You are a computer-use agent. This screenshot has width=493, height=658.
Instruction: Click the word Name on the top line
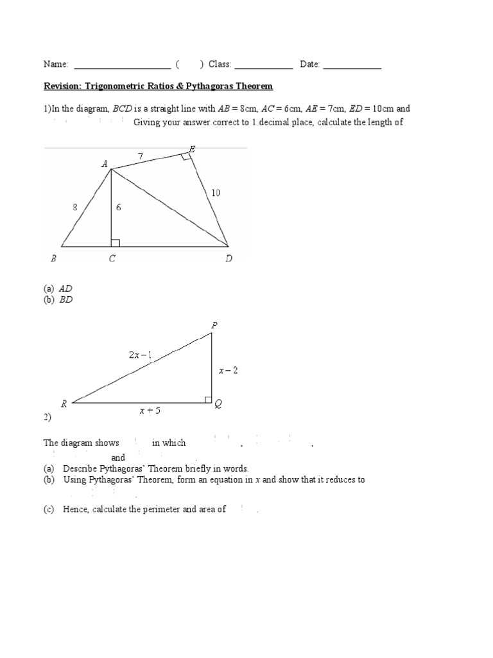tap(55, 64)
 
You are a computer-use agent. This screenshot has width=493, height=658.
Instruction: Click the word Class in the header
tap(218, 64)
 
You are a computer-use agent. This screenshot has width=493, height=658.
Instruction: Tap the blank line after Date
tap(352, 66)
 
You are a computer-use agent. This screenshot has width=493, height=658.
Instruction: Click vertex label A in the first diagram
tap(104, 164)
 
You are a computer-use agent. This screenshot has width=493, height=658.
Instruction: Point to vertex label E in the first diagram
tap(192, 149)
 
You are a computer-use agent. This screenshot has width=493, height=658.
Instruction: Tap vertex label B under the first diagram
tap(53, 259)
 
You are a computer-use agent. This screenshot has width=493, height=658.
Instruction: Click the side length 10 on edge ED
tap(216, 192)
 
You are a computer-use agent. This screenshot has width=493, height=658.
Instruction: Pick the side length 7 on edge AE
tap(141, 156)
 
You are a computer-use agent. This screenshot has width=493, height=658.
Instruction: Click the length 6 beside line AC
tap(118, 208)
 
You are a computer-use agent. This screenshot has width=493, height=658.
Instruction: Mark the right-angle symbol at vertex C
tap(116, 242)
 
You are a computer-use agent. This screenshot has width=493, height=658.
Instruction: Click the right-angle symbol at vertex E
tap(186, 156)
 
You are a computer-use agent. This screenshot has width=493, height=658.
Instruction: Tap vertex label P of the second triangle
tap(214, 326)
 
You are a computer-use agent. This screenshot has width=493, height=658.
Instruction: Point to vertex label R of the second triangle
tap(64, 404)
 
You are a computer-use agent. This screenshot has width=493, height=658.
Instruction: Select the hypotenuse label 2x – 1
tap(140, 355)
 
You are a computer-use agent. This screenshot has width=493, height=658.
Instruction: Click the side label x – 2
tap(228, 370)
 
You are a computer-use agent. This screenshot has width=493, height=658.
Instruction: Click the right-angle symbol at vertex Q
tap(208, 400)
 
